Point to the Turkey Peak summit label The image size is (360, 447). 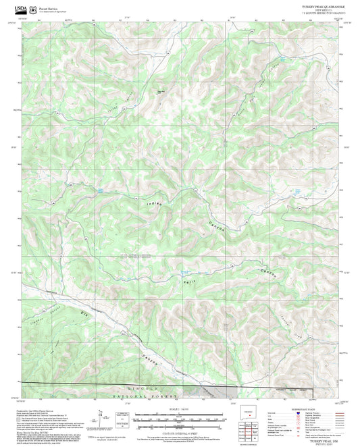[x=161, y=93]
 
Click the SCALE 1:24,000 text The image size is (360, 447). [x=178, y=409]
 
